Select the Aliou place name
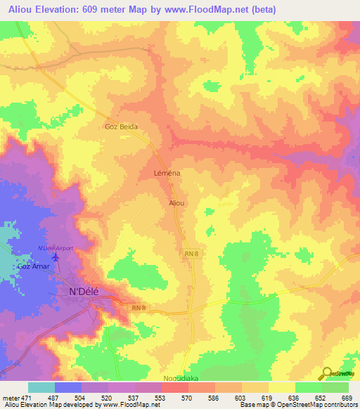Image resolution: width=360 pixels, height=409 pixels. tap(176, 203)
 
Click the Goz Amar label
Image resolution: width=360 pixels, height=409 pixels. tap(33, 267)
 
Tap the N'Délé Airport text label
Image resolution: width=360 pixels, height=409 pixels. tap(56, 248)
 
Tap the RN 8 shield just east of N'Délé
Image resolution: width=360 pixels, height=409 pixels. tap(138, 308)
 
